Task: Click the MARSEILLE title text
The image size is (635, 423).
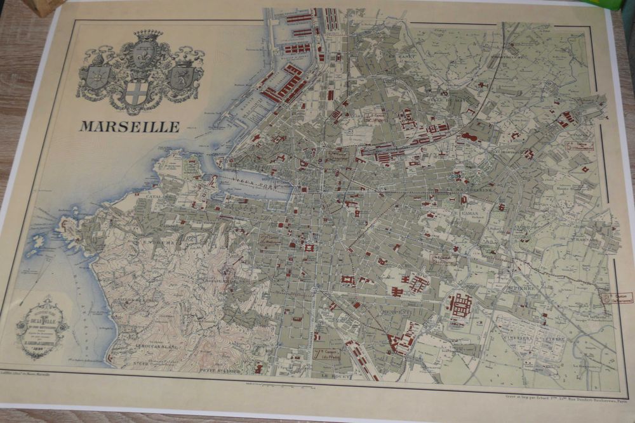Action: pos(130,126)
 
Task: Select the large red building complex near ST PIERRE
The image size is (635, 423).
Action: pos(460,305)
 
